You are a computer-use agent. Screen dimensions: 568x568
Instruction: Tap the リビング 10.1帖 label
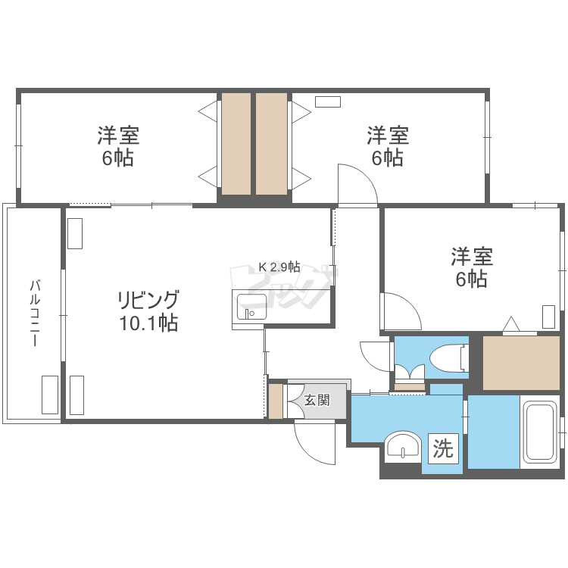click(x=148, y=311)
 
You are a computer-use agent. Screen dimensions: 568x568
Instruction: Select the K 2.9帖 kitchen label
click(x=279, y=267)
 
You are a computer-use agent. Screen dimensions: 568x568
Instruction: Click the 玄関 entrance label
click(x=317, y=400)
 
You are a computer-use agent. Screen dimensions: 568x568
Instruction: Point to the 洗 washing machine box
click(x=443, y=449)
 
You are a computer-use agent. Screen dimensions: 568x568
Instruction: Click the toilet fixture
click(x=446, y=357)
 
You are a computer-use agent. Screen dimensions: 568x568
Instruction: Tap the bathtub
click(x=540, y=432)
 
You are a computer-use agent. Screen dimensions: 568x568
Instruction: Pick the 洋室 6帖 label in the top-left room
click(x=117, y=147)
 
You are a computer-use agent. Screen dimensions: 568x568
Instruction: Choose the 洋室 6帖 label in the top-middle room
click(x=388, y=147)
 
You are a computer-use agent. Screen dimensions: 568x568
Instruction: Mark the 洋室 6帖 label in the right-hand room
click(x=472, y=267)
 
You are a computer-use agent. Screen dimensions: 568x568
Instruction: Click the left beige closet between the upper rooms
click(x=236, y=144)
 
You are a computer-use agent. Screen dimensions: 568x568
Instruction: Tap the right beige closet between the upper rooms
click(x=271, y=144)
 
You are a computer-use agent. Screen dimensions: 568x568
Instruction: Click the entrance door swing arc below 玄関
click(x=312, y=443)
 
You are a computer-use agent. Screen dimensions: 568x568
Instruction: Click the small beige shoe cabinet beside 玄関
click(x=276, y=401)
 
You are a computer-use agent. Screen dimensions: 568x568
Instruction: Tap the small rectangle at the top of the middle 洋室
click(x=329, y=101)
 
